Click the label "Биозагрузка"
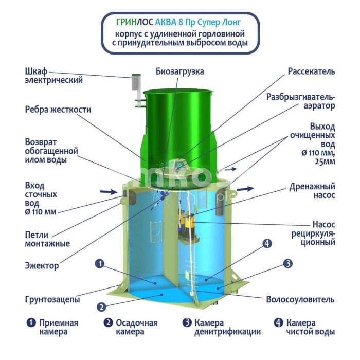pos(179,71)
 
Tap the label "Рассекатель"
pos(311,71)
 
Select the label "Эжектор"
pos(42,266)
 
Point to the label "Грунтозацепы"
pos(52,299)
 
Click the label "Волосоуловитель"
pos(300,299)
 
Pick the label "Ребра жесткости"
pos(58,110)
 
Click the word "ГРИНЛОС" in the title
pos(134,22)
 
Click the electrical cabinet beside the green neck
pos(136,82)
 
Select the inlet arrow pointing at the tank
pos(109,192)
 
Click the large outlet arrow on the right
pos(245,189)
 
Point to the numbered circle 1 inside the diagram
pos(100,263)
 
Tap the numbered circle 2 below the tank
pos(101,307)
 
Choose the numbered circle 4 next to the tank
pos(267,243)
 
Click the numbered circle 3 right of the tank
pos(287,263)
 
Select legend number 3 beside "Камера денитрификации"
pos(187,322)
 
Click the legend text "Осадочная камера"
pos(137,327)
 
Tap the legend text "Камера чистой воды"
pos(311,327)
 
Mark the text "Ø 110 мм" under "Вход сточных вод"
pos(41,212)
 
